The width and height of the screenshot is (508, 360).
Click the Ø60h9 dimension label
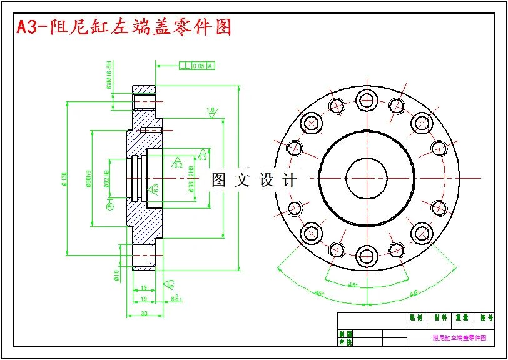point(89,179)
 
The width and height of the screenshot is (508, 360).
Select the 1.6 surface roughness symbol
point(211,112)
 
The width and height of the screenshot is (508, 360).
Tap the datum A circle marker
point(111,207)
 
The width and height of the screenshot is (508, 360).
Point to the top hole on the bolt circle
point(366,99)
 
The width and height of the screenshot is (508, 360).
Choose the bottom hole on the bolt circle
point(366,255)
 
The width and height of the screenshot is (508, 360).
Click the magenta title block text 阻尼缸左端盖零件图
point(459,337)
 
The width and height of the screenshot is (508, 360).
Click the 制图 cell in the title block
point(345,334)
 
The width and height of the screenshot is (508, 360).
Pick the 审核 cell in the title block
point(345,342)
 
